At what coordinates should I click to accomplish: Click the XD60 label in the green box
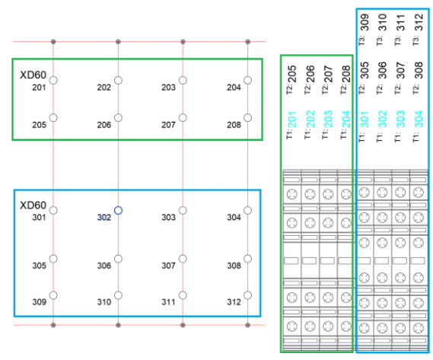point(33,75)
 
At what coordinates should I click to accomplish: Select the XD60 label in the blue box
point(33,205)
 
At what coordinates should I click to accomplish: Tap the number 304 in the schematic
point(234,218)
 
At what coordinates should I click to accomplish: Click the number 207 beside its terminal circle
point(168,125)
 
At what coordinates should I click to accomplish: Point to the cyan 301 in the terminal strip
point(365,119)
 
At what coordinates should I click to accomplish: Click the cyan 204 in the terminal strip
point(345,119)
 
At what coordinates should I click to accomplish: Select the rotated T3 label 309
point(365,22)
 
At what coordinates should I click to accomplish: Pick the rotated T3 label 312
point(419,22)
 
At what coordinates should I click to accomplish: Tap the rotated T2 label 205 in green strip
point(291,74)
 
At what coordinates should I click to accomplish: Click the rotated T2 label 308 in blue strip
point(419,70)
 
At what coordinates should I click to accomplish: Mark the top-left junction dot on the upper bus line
point(53,42)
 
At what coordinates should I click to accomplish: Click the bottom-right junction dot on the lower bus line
point(248,325)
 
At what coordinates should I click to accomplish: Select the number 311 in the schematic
point(168,302)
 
